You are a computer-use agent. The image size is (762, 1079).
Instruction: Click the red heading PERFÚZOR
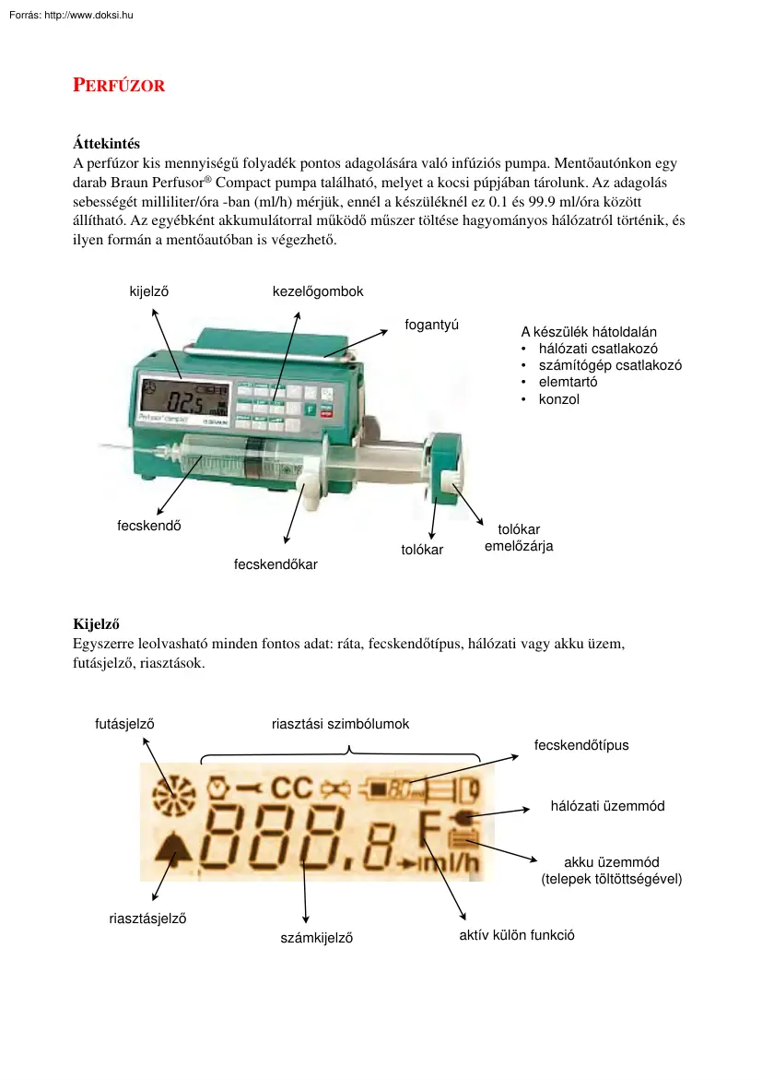coord(119,86)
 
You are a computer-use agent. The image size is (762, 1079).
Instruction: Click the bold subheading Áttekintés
coord(106,143)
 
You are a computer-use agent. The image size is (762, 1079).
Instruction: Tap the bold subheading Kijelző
coord(97,622)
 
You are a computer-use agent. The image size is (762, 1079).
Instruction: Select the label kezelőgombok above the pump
coord(318,291)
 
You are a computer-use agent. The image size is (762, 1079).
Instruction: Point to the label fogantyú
coord(432,324)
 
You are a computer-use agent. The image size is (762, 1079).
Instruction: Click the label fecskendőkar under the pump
coord(275,563)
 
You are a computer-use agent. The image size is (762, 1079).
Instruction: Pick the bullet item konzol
coord(559,399)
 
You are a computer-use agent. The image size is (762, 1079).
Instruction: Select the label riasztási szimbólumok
coord(340,724)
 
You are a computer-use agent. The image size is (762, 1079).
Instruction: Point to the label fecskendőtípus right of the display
coord(581,744)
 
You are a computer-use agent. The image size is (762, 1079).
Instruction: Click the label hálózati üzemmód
coord(607,806)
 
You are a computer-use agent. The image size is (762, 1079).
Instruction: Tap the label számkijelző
coord(317,938)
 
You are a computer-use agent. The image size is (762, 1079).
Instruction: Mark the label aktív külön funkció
coord(517,934)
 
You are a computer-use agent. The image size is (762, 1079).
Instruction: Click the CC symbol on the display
coord(292,788)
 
